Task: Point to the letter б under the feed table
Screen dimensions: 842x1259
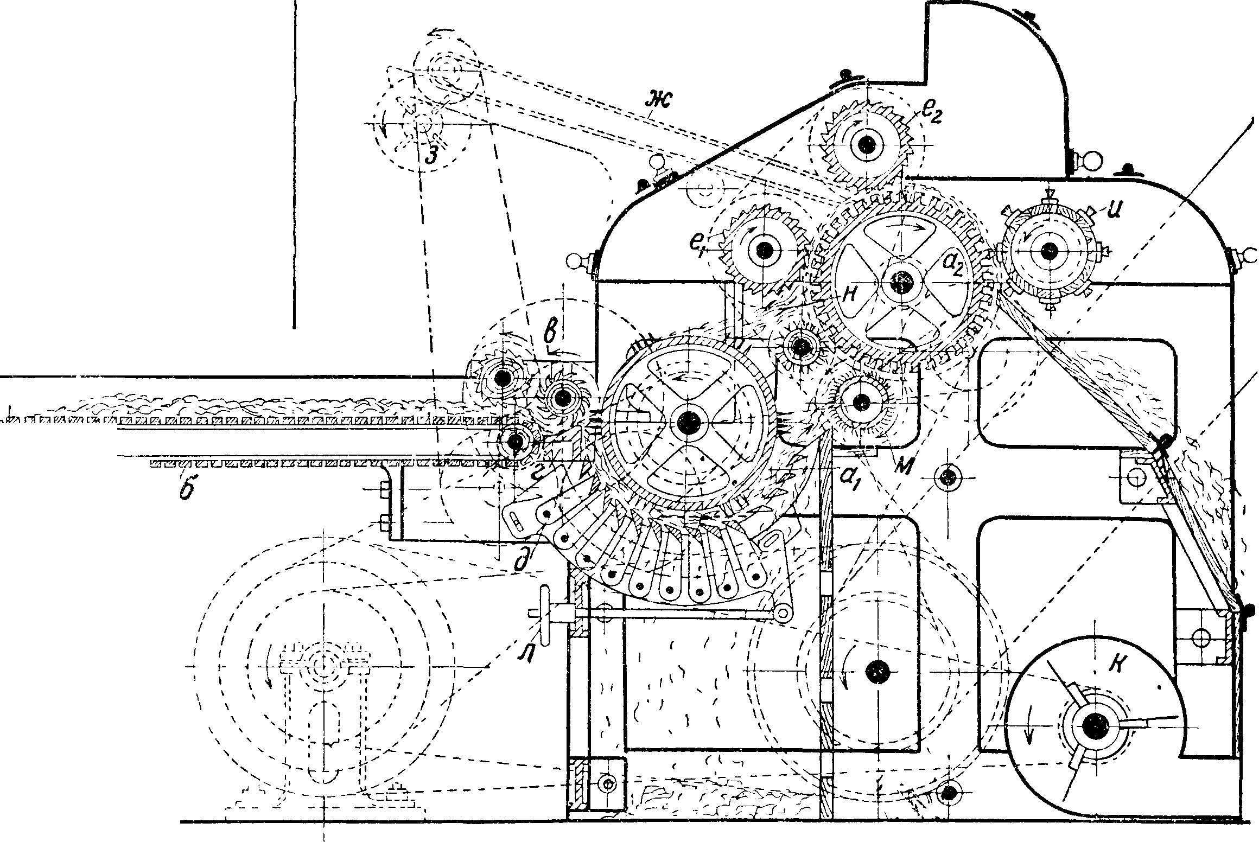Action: [x=187, y=492]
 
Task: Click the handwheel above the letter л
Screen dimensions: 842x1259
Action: [x=544, y=614]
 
